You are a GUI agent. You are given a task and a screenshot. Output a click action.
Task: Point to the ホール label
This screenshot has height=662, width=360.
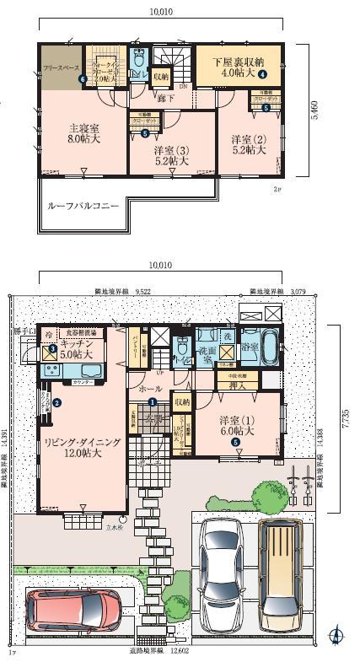(x=151, y=389)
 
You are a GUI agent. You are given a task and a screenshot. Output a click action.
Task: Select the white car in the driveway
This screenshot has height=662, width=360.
(x=221, y=564)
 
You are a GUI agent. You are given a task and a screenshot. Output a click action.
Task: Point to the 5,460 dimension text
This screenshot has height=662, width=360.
(x=314, y=126)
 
